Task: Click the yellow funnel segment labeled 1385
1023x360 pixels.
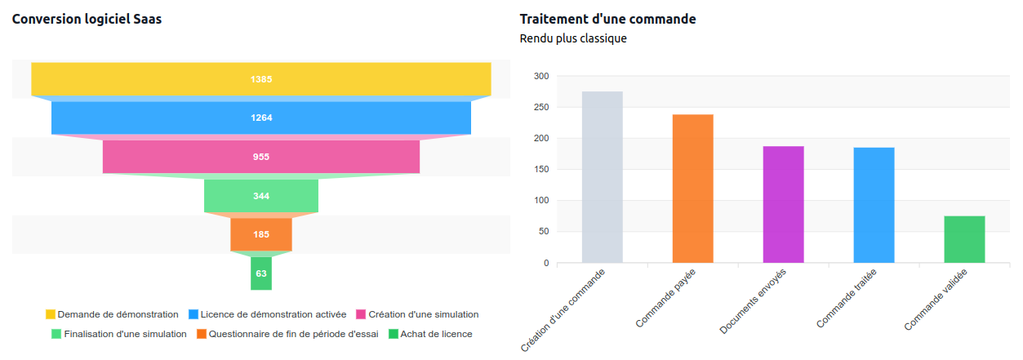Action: (x=260, y=79)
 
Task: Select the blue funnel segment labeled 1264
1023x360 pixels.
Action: (x=260, y=118)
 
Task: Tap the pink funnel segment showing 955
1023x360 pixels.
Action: (x=260, y=157)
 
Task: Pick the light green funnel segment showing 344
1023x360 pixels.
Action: (x=260, y=196)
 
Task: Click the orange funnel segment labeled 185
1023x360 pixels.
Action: (x=260, y=234)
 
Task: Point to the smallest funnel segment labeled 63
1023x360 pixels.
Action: (x=260, y=273)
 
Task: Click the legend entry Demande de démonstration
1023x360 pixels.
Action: (x=112, y=314)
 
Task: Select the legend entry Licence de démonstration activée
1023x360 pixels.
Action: (x=267, y=314)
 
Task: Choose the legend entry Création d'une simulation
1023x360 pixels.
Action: (x=416, y=314)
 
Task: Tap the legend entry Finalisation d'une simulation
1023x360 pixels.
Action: (x=118, y=334)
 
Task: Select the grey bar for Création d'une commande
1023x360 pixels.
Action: (x=602, y=177)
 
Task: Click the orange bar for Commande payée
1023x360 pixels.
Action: (x=692, y=189)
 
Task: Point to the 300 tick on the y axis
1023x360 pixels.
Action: (x=540, y=76)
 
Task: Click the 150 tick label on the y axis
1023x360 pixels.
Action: (x=540, y=170)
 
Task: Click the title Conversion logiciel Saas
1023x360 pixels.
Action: (x=87, y=19)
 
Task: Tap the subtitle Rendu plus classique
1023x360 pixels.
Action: (x=573, y=38)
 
